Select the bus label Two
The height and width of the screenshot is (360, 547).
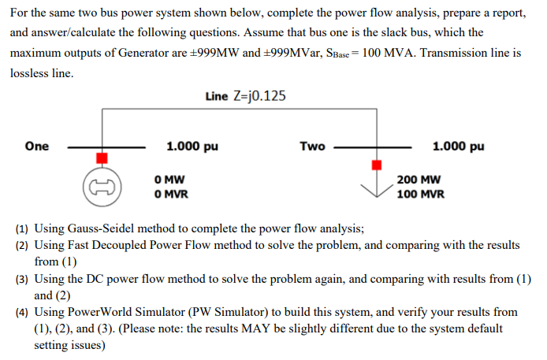pyautogui.click(x=312, y=146)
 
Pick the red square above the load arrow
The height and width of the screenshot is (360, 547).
pyautogui.click(x=377, y=165)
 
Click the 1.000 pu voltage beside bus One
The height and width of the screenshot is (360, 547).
pyautogui.click(x=192, y=146)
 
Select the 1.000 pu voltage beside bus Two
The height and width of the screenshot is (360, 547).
pyautogui.click(x=459, y=146)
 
